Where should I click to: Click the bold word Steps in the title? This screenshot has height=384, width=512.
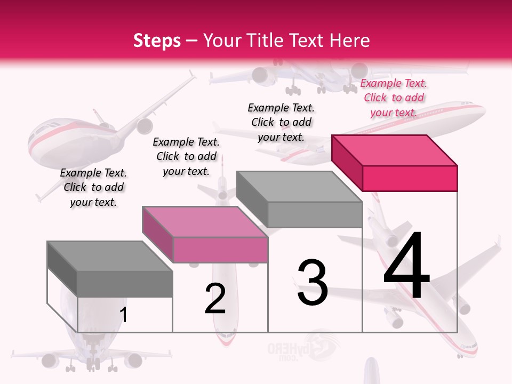point(157,41)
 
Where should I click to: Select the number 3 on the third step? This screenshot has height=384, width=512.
point(312,283)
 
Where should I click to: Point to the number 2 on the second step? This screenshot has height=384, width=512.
point(215,299)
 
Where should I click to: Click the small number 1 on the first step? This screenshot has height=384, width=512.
point(124,315)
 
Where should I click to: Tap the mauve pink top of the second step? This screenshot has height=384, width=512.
point(205,222)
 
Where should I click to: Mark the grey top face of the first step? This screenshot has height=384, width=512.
point(110,256)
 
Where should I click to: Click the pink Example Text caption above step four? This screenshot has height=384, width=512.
point(394,98)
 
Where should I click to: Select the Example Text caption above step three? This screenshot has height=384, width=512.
point(281,122)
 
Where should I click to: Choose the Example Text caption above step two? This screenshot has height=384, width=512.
point(186,156)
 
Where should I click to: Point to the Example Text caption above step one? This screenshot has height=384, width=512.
point(93,187)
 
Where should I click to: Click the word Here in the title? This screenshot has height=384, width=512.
point(349,41)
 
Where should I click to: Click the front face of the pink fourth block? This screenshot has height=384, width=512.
point(410,178)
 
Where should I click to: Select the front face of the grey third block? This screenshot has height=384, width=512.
point(315,214)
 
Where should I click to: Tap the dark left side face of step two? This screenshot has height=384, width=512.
point(157,235)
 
